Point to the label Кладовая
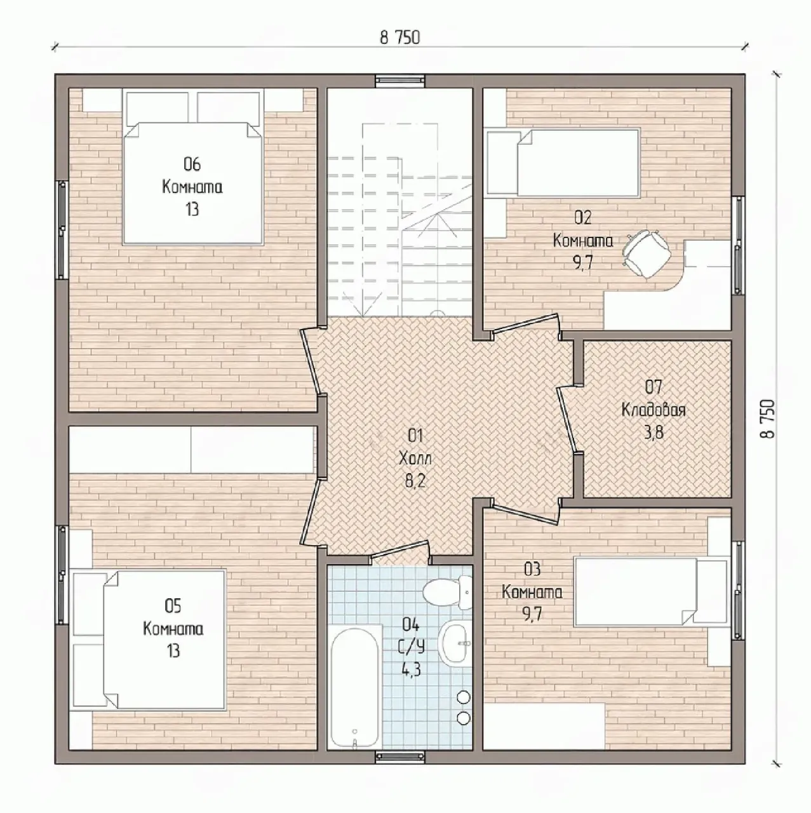point(653,410)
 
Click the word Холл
point(415,458)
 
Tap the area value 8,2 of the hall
point(415,481)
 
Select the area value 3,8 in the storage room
point(653,433)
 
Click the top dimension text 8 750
point(400,38)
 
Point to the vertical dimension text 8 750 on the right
point(768,419)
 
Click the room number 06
point(192,164)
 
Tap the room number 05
point(173,607)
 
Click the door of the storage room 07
point(568,421)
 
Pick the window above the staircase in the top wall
point(401,81)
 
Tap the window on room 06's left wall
point(62,229)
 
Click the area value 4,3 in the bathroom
point(412,669)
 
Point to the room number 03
point(532,569)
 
